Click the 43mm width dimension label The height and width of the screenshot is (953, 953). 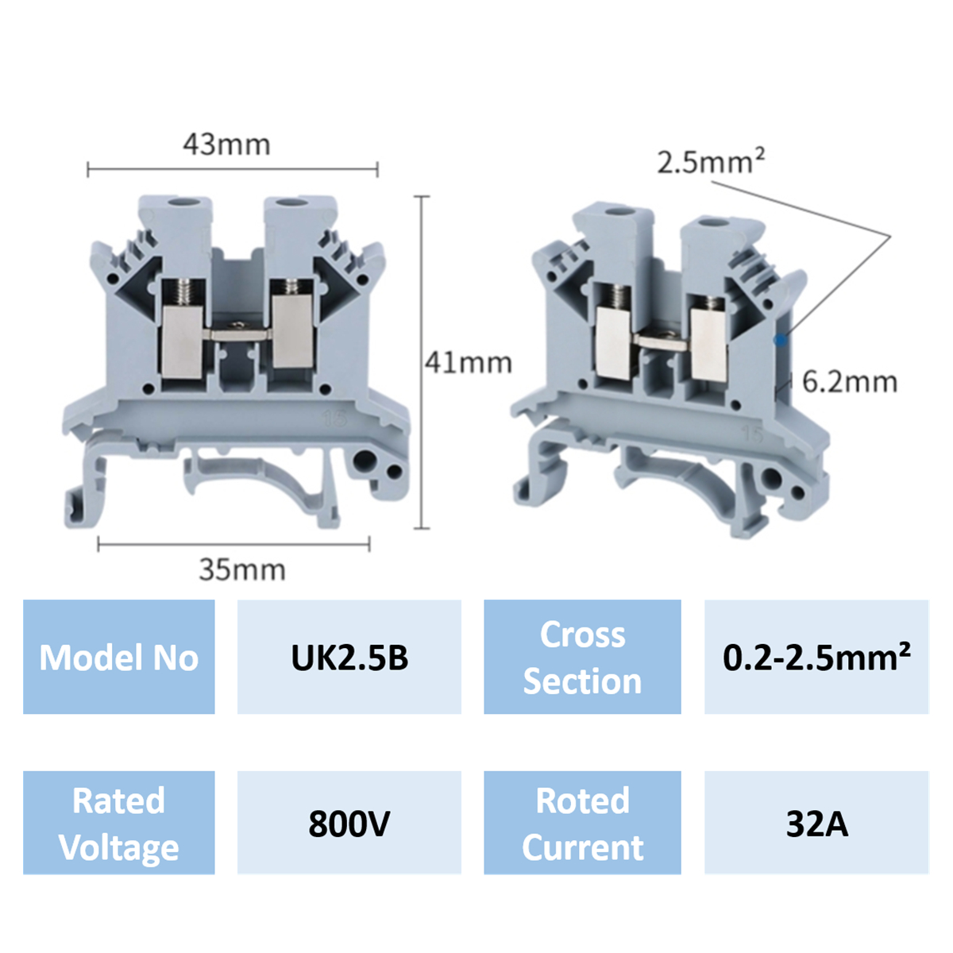click(226, 145)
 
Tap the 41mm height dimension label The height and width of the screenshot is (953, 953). click(468, 363)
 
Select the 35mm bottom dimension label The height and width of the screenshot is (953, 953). click(241, 569)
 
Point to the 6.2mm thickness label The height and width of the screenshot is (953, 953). click(849, 382)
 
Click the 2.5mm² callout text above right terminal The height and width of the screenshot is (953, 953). click(710, 162)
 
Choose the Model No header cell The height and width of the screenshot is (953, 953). click(119, 658)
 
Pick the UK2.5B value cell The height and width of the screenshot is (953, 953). click(349, 658)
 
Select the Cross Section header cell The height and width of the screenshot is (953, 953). click(582, 658)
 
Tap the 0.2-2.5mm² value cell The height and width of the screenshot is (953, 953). click(816, 658)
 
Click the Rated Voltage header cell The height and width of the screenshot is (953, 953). click(119, 824)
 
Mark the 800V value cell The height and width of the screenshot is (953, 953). click(349, 824)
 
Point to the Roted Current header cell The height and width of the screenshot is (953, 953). click(582, 824)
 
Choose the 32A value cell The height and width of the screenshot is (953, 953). click(816, 824)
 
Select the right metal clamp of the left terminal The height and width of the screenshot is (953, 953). click(292, 334)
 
